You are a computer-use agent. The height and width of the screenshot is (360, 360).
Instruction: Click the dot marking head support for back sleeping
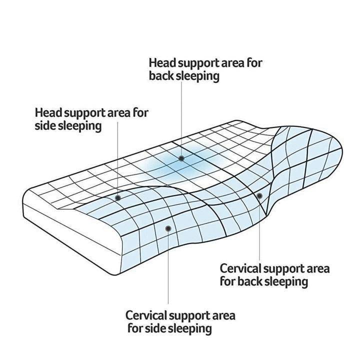click(x=181, y=158)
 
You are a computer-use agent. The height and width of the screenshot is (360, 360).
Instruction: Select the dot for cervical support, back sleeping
click(x=259, y=195)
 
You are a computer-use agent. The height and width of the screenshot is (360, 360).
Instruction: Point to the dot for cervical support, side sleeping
click(x=168, y=228)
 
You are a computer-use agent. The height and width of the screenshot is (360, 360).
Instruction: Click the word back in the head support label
click(x=160, y=76)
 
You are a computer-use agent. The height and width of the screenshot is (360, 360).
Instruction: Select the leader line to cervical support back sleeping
click(x=259, y=230)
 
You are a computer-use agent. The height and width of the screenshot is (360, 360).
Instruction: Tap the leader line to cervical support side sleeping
click(x=168, y=270)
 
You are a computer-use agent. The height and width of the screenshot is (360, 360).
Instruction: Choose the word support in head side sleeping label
click(x=86, y=112)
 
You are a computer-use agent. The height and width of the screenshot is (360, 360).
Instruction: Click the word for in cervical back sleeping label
click(x=228, y=281)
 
